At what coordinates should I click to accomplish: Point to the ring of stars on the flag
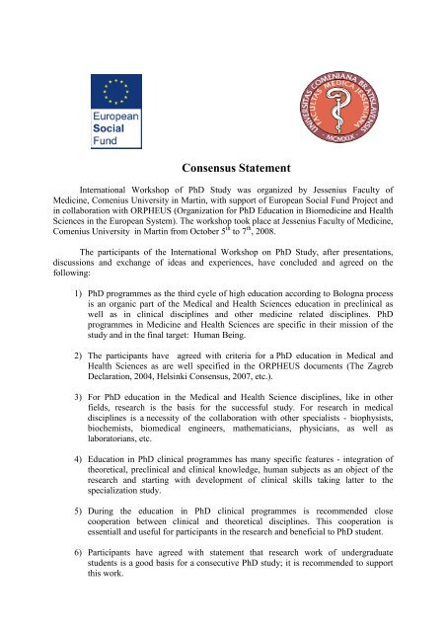115,96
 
